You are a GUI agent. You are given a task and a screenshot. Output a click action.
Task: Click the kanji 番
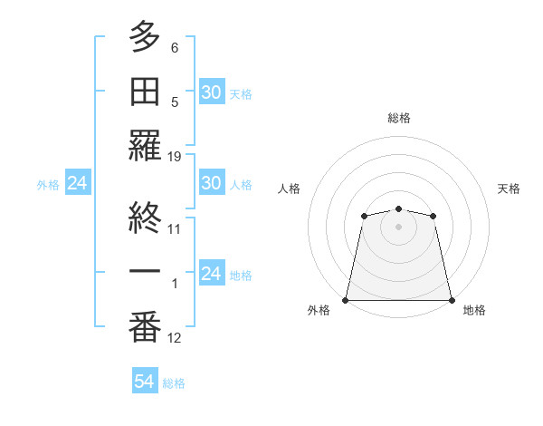(x=145, y=329)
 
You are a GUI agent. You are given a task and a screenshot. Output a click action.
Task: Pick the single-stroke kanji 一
(x=145, y=274)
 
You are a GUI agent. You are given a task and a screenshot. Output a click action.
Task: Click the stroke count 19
(x=175, y=157)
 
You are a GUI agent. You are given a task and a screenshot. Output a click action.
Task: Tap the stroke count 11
(x=175, y=228)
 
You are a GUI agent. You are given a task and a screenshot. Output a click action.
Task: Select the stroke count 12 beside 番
(x=175, y=338)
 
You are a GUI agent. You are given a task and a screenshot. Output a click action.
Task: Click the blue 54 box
(x=145, y=382)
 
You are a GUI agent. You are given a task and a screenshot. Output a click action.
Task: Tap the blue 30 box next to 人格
(x=211, y=184)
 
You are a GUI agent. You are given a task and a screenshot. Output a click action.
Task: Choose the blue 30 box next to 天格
(x=211, y=92)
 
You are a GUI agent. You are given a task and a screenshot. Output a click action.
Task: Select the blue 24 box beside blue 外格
(x=77, y=184)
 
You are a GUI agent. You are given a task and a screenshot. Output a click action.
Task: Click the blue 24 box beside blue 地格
(x=211, y=274)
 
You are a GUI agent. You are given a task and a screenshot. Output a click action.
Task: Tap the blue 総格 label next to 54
(x=174, y=383)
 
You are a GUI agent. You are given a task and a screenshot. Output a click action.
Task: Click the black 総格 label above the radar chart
(x=398, y=118)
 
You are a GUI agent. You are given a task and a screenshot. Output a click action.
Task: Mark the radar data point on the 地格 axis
(x=451, y=299)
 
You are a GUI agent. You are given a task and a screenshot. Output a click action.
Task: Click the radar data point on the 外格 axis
(x=346, y=299)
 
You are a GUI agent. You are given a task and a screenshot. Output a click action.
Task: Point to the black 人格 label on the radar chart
(x=290, y=189)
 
